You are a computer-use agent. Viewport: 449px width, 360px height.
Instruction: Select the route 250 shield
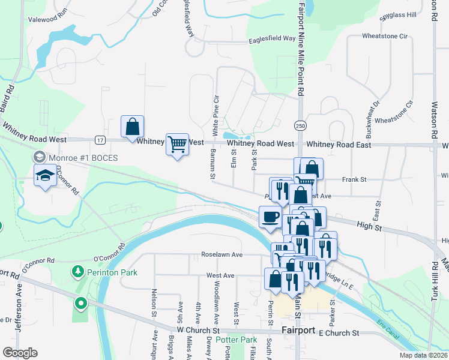(x=300, y=125)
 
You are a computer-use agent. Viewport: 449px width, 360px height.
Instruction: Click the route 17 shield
(x=100, y=140)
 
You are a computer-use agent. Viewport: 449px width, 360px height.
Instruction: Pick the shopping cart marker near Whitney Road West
(x=177, y=144)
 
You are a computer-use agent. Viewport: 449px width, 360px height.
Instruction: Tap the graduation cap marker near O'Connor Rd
(x=44, y=176)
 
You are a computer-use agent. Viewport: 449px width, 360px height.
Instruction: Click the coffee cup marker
(x=270, y=217)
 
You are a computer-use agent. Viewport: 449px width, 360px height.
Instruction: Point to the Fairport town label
(x=298, y=331)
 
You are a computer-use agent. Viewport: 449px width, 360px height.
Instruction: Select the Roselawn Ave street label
(x=221, y=254)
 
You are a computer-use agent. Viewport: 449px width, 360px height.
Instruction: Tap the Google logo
(x=20, y=353)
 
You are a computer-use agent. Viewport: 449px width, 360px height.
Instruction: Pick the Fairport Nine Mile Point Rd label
(x=302, y=48)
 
